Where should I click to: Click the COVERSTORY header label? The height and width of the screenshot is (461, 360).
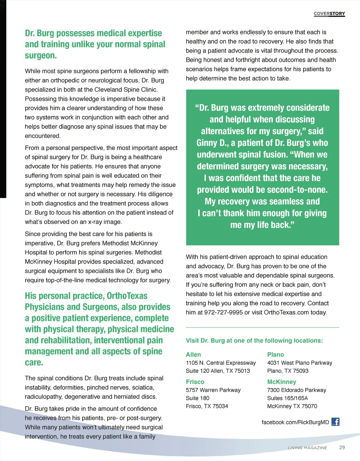point(329,14)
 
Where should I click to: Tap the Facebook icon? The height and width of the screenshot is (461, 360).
point(335,422)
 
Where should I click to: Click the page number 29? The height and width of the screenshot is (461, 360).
point(342,447)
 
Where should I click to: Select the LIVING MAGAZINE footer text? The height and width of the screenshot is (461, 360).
point(307,448)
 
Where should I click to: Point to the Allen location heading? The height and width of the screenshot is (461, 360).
point(193,355)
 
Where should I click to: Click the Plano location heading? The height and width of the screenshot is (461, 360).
point(276,355)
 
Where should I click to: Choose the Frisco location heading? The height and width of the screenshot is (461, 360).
point(195,382)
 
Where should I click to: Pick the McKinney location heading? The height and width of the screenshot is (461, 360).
point(282,382)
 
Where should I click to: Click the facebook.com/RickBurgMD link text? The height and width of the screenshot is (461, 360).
point(295,422)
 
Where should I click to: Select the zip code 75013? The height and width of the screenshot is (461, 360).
point(242,371)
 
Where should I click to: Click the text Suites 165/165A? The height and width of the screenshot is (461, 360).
point(287,398)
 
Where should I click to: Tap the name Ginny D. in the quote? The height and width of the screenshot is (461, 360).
point(211,143)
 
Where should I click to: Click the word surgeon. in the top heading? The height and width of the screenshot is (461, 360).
point(41,56)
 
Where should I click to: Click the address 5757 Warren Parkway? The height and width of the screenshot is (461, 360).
point(213,390)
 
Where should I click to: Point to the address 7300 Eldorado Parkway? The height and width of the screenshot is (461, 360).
point(296,390)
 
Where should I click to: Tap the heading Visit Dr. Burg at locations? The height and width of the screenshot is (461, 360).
point(254,340)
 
